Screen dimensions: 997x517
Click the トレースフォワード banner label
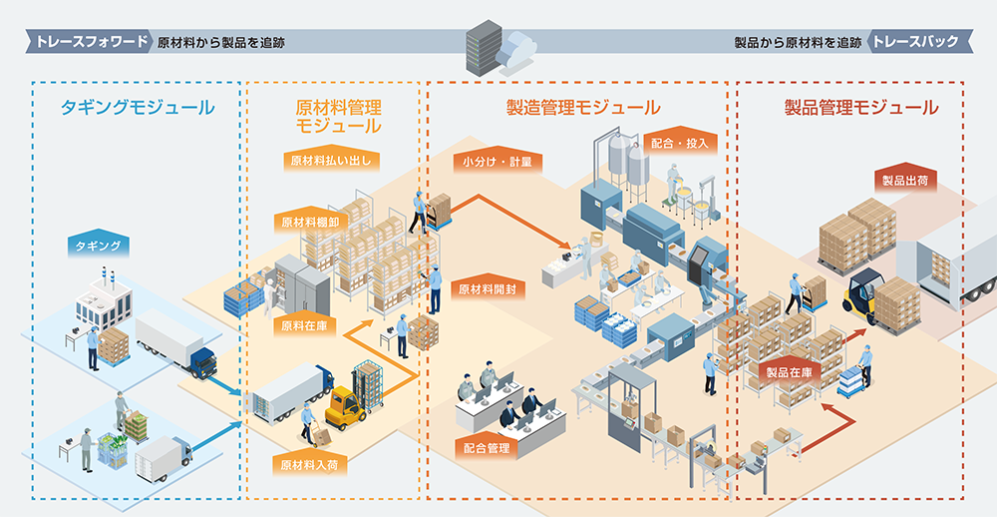pos(89,42)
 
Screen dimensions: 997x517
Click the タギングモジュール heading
pos(138,108)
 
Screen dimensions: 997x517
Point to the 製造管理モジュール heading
pos(583,108)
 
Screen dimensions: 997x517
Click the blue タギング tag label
pos(99,246)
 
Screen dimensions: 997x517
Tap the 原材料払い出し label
pos(331,161)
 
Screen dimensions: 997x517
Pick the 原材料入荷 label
pos(310,465)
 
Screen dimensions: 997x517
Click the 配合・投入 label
pos(680,143)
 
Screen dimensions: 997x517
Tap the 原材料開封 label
pos(488,289)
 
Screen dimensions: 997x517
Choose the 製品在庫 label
pos(790,372)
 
